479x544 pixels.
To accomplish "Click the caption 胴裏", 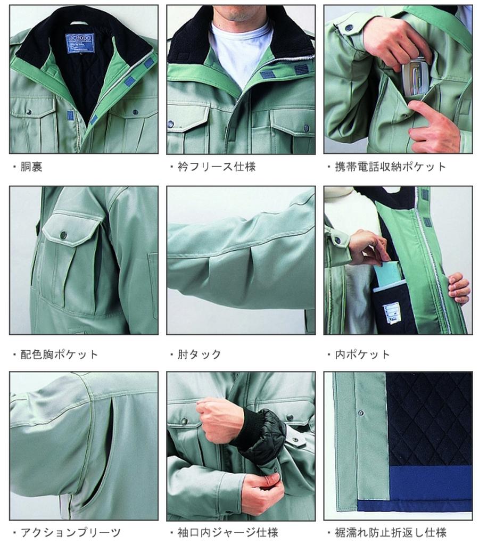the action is (31, 167).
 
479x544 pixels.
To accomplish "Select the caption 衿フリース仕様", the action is (217, 167).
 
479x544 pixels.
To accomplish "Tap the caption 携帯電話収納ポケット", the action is (390, 167).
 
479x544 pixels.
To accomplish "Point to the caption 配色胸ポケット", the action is (59, 354).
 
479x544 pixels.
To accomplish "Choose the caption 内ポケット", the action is (362, 354).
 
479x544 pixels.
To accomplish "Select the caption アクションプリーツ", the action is (70, 532).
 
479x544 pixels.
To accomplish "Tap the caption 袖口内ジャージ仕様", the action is (228, 532).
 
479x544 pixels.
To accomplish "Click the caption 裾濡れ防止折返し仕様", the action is (391, 532).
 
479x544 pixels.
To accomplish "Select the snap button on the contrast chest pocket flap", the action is (63, 235).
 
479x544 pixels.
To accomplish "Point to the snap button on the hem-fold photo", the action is (361, 413).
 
